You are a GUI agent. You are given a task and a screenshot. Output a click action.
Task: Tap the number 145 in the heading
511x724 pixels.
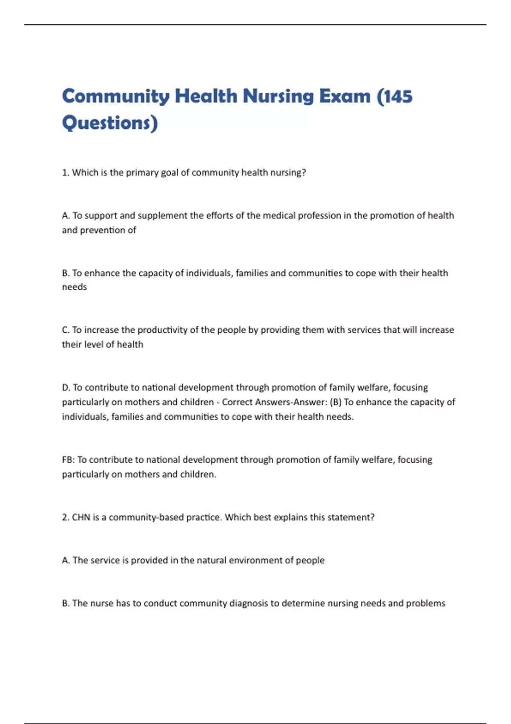[x=399, y=96]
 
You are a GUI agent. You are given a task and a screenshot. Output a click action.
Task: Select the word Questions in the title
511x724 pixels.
[x=106, y=123]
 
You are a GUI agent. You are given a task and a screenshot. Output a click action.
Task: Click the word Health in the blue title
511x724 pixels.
[x=206, y=96]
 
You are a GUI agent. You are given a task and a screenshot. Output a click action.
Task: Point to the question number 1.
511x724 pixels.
[x=65, y=172]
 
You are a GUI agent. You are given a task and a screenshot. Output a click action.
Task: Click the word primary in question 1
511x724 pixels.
[x=142, y=172]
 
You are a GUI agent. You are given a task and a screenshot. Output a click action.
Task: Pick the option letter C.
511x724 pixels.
[x=65, y=330]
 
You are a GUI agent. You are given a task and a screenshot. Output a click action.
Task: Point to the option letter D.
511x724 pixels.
[x=66, y=388]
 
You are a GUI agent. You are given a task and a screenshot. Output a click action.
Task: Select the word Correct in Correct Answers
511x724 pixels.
[x=238, y=402]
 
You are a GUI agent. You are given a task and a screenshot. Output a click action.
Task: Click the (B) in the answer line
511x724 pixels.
[x=336, y=402]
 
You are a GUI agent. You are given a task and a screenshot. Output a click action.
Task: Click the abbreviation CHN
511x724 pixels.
[x=81, y=517]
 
